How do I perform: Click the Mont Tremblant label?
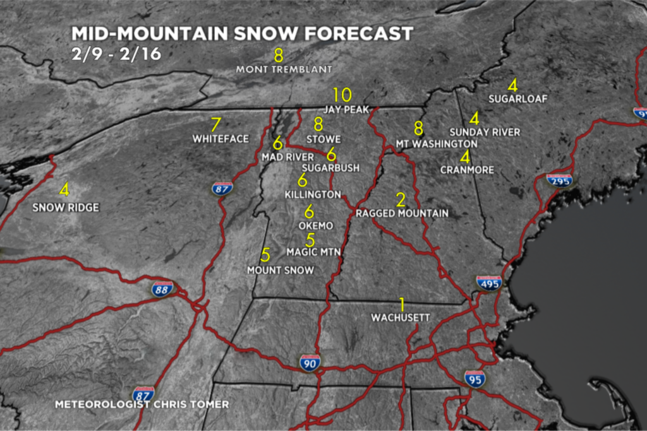coord(284,69)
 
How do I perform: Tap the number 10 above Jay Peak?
coord(342,95)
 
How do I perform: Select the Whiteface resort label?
coord(221,138)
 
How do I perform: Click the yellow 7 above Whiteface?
coord(216,124)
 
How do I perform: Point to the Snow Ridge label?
coord(66,207)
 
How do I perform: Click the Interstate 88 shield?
coord(162,290)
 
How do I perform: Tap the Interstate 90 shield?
coord(310,362)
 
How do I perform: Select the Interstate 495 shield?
coord(489,283)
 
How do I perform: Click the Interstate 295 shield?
coord(559,180)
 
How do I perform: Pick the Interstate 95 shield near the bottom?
coord(475,378)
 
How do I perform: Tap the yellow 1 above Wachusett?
coord(401,303)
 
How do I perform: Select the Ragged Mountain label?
coord(402,213)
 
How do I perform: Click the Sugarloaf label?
coord(517,98)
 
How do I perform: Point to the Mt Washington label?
coord(436,144)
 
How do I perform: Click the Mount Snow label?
coord(280,270)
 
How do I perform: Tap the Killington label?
coord(313,194)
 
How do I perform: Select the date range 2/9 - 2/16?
coord(116,54)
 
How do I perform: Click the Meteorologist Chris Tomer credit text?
coord(142,404)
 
